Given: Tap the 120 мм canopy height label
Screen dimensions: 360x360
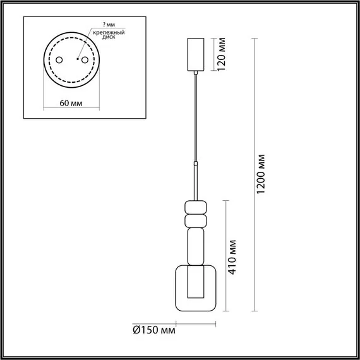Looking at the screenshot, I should coord(222,55).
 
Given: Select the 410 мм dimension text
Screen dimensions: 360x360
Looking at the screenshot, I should coord(233,256).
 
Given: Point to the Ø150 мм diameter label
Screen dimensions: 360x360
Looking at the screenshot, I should coord(155,329).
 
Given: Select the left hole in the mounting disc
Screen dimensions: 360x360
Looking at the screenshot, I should coord(58,60).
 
